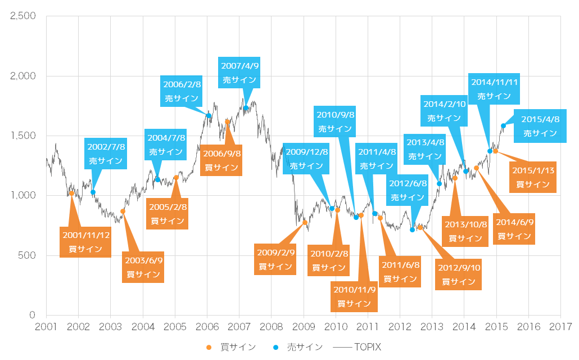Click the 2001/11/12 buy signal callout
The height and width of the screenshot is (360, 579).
(x=85, y=242)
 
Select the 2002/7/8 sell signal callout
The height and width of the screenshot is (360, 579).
(x=106, y=153)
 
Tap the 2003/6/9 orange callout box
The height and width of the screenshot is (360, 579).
(x=143, y=267)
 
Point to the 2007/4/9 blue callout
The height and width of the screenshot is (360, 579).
(x=240, y=73)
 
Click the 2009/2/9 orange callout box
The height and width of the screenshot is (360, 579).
(x=275, y=260)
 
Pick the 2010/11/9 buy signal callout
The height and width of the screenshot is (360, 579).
(x=354, y=296)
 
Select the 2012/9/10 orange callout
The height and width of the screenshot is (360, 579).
(x=458, y=274)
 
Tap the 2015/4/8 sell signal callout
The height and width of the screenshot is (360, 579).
(x=540, y=126)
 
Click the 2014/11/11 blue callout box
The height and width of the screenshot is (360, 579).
(x=494, y=89)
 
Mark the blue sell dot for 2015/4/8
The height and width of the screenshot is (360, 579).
(x=503, y=125)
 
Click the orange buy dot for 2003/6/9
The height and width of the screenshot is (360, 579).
(x=123, y=211)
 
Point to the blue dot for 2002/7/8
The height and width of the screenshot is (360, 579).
(x=93, y=192)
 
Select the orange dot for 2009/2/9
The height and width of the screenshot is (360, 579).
(x=305, y=223)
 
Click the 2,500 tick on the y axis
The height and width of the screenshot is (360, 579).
(x=24, y=16)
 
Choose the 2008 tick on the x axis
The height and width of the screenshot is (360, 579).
(x=272, y=326)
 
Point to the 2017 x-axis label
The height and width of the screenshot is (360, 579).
(x=561, y=326)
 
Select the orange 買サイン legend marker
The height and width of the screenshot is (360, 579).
(x=210, y=347)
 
